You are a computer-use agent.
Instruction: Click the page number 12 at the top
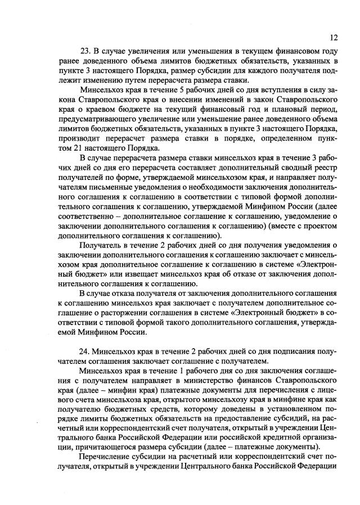(x=334, y=38)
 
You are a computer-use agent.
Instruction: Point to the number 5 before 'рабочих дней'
(x=180, y=89)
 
